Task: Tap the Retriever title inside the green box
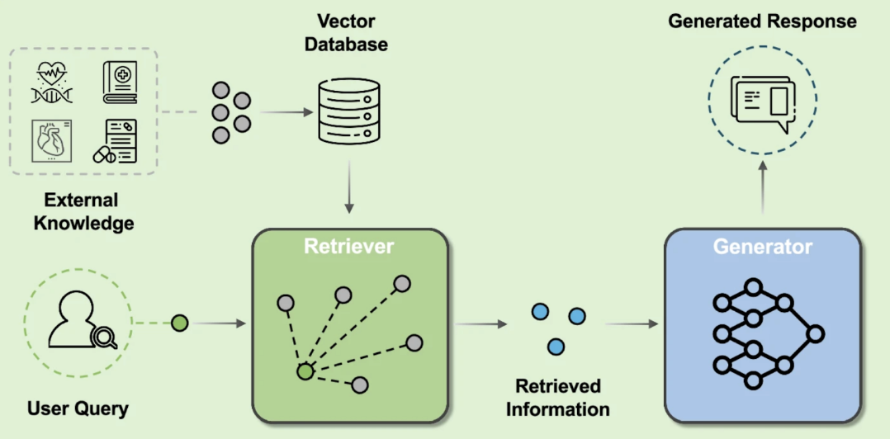(x=348, y=246)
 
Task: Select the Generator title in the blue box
(x=762, y=246)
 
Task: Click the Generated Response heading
(x=762, y=21)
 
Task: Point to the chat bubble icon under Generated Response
(x=763, y=102)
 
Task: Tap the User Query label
(x=78, y=408)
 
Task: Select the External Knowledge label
(x=82, y=211)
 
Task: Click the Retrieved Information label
(x=557, y=398)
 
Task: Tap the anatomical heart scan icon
(x=51, y=140)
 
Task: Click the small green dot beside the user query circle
(x=179, y=323)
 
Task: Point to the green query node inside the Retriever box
(x=305, y=372)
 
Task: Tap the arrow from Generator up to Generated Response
(x=762, y=195)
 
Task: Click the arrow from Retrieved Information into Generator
(x=632, y=323)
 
